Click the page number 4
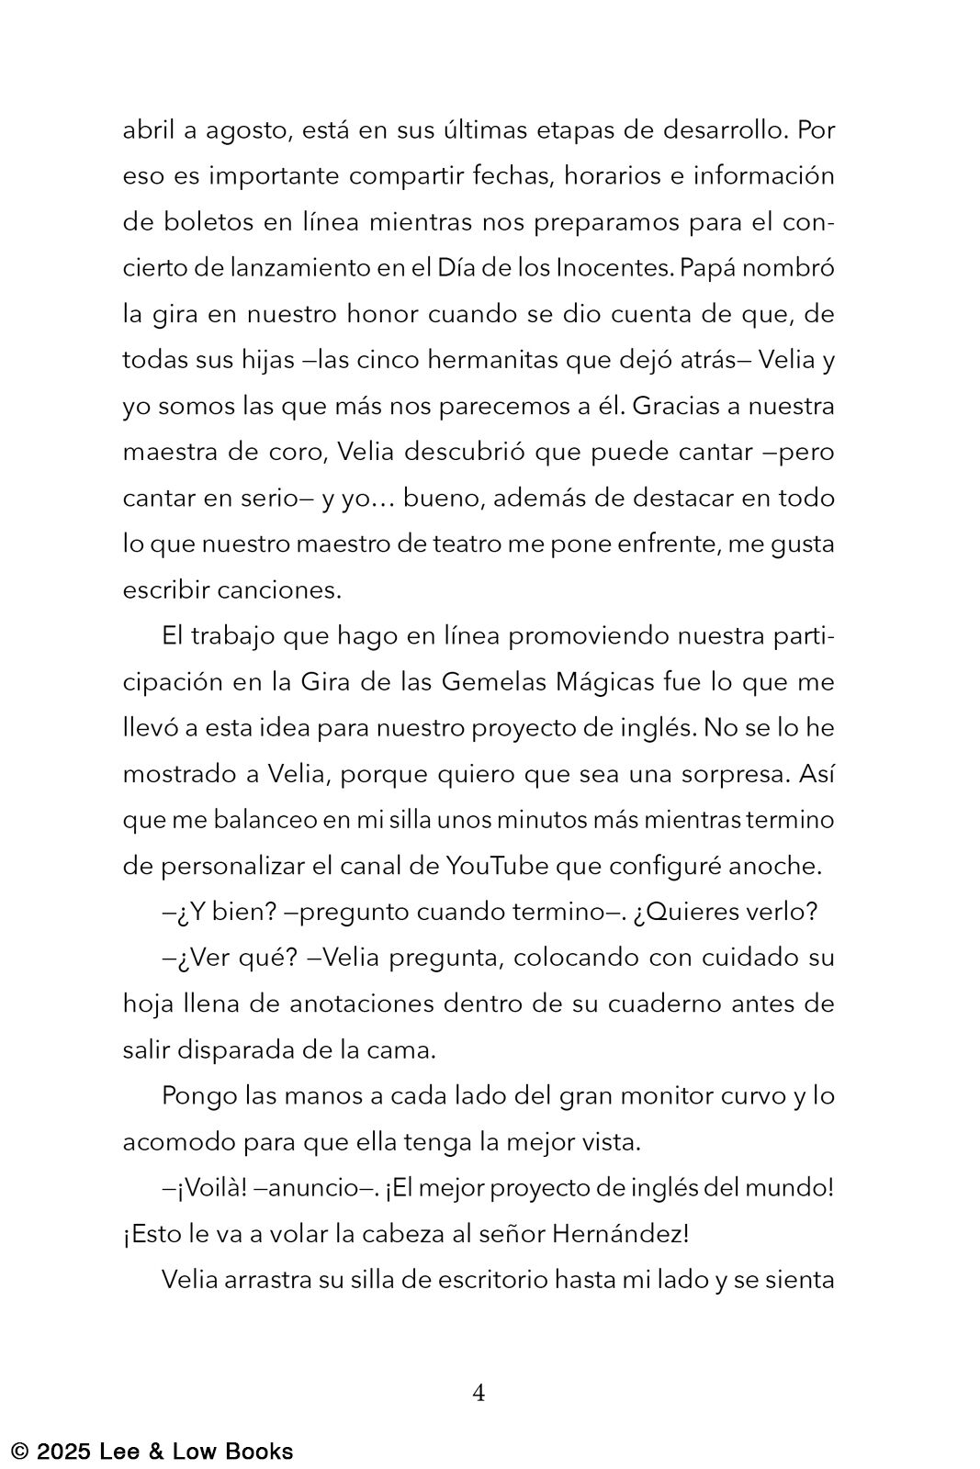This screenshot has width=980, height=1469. click(x=479, y=1393)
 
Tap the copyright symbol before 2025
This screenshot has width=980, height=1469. click(x=19, y=1452)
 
